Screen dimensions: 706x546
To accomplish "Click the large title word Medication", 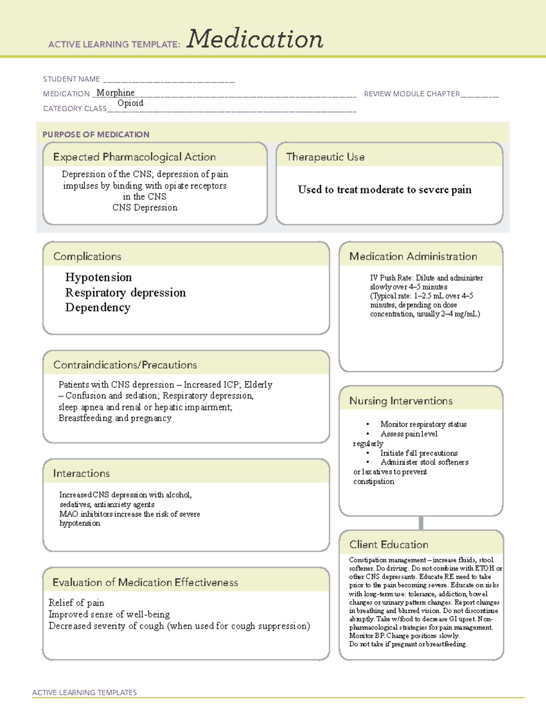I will pyautogui.click(x=255, y=39).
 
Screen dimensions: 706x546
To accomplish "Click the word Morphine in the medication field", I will pyautogui.click(x=116, y=93).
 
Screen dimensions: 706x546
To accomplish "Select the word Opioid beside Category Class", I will pyautogui.click(x=131, y=103).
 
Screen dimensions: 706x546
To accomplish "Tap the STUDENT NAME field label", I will pyautogui.click(x=71, y=79).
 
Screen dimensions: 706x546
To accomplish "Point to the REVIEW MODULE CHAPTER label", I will pyautogui.click(x=412, y=94).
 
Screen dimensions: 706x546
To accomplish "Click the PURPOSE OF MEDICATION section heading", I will pyautogui.click(x=96, y=135).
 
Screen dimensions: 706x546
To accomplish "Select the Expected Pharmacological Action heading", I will pyautogui.click(x=134, y=157).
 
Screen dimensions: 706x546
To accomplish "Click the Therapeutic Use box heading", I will pyautogui.click(x=325, y=157).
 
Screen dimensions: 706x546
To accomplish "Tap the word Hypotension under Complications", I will pyautogui.click(x=98, y=277).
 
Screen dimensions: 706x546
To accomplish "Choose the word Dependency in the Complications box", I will pyautogui.click(x=98, y=308).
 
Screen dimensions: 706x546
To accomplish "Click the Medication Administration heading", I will pyautogui.click(x=413, y=256).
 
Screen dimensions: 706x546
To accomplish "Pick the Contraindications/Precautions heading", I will pyautogui.click(x=125, y=365).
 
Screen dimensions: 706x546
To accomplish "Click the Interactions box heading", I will pyautogui.click(x=81, y=474).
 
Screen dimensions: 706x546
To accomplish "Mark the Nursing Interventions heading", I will pyautogui.click(x=401, y=401).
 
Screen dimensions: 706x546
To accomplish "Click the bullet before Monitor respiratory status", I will pyautogui.click(x=368, y=425).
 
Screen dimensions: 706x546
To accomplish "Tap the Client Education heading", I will pyautogui.click(x=389, y=545).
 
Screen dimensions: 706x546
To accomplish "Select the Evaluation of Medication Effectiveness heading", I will pyautogui.click(x=145, y=582).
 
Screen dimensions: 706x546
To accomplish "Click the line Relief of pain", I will pyautogui.click(x=76, y=603).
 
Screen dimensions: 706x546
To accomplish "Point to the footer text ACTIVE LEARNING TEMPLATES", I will pyautogui.click(x=85, y=692).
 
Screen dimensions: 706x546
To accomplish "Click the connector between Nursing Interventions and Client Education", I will pyautogui.click(x=421, y=523).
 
